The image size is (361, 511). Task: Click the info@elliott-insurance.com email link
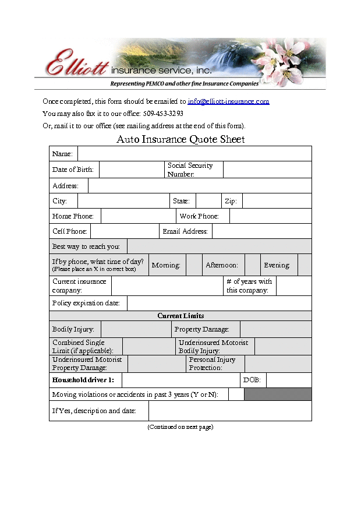pos(228,101)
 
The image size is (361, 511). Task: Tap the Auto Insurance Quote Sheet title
pos(180,139)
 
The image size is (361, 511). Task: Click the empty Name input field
pos(194,154)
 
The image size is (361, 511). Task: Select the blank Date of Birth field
pos(132,170)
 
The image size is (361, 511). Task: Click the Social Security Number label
pos(190,170)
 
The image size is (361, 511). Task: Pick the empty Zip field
pos(277,201)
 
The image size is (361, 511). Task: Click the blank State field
pos(208,201)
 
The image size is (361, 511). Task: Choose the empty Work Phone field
pos(270,216)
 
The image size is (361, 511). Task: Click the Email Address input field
pos(261,231)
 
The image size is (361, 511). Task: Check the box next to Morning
pos(194,265)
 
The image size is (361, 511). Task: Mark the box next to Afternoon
pos(252,265)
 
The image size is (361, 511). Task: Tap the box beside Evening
pos(305,265)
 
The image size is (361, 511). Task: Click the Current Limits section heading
pos(180,316)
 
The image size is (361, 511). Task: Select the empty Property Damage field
pos(275,330)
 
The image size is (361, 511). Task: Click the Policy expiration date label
pos(86,303)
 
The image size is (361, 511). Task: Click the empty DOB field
pos(289,380)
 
